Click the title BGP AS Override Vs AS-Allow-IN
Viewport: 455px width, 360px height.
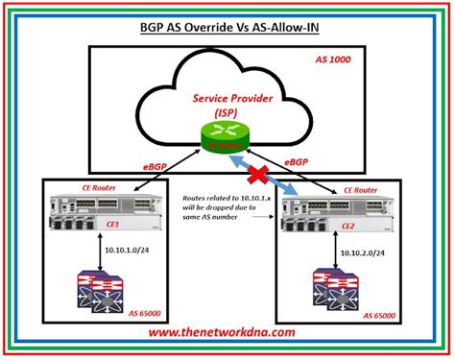tap(227, 28)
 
